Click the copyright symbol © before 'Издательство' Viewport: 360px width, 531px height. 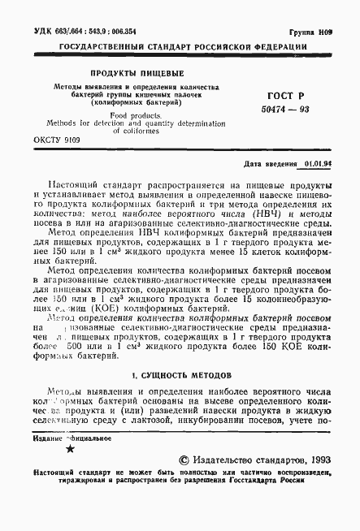pyautogui.click(x=184, y=457)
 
